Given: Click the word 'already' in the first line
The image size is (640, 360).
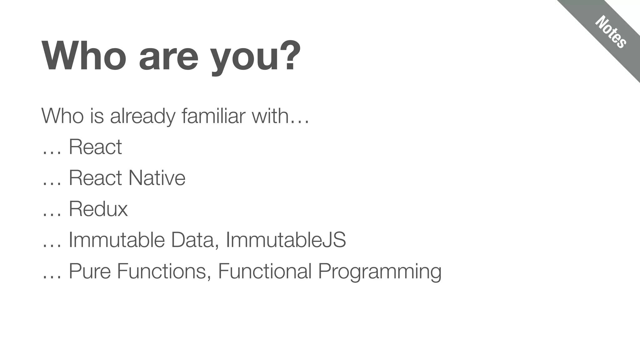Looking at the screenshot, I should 142,116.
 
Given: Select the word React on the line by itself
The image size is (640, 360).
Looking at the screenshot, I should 95,147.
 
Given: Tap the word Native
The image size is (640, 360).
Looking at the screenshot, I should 157,178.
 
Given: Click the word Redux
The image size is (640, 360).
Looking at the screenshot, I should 98,209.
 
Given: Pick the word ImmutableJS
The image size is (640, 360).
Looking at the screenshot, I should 286,240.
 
